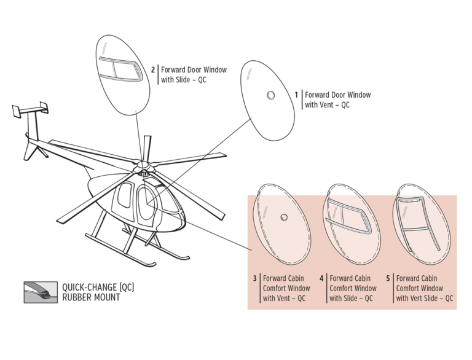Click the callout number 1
pos(296,95)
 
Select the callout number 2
pos(153,70)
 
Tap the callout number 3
pos(254,278)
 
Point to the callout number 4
pos(321,278)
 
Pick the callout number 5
pos(388,278)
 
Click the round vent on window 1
pos(271,95)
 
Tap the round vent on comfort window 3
pos(283,217)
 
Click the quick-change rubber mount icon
pos(41,292)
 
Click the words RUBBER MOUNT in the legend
pos(91,297)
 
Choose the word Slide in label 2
pos(183,80)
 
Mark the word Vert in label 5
pos(415,299)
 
